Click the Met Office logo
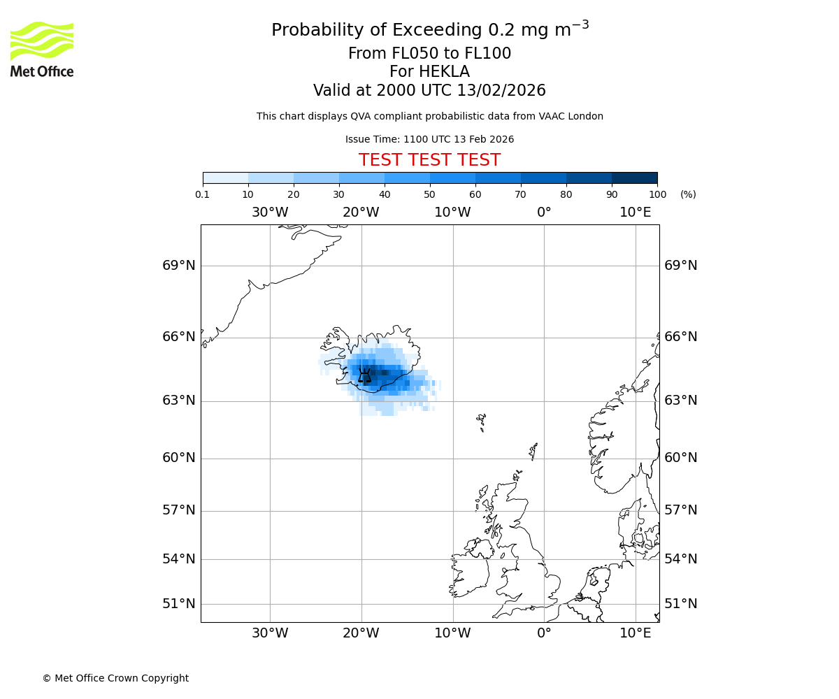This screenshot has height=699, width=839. (42, 49)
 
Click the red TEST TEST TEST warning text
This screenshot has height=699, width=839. (429, 161)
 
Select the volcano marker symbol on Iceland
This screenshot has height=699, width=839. (364, 376)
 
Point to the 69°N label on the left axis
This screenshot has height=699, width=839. (179, 266)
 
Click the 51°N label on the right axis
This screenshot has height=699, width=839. (680, 604)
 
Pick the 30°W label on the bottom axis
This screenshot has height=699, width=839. (270, 634)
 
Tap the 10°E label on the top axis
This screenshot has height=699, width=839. (635, 212)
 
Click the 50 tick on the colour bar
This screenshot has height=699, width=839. (429, 194)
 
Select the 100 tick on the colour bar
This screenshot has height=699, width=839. (657, 194)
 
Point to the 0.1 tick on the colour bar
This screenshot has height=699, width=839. (203, 194)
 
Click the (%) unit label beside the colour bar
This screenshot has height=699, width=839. (688, 194)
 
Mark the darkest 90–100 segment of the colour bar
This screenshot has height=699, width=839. (634, 178)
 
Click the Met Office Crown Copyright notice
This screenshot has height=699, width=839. (115, 679)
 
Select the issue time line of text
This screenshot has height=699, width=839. (429, 140)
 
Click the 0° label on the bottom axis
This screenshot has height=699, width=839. (544, 634)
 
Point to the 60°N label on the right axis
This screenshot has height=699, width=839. (680, 458)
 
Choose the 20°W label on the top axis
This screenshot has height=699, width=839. (361, 212)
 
